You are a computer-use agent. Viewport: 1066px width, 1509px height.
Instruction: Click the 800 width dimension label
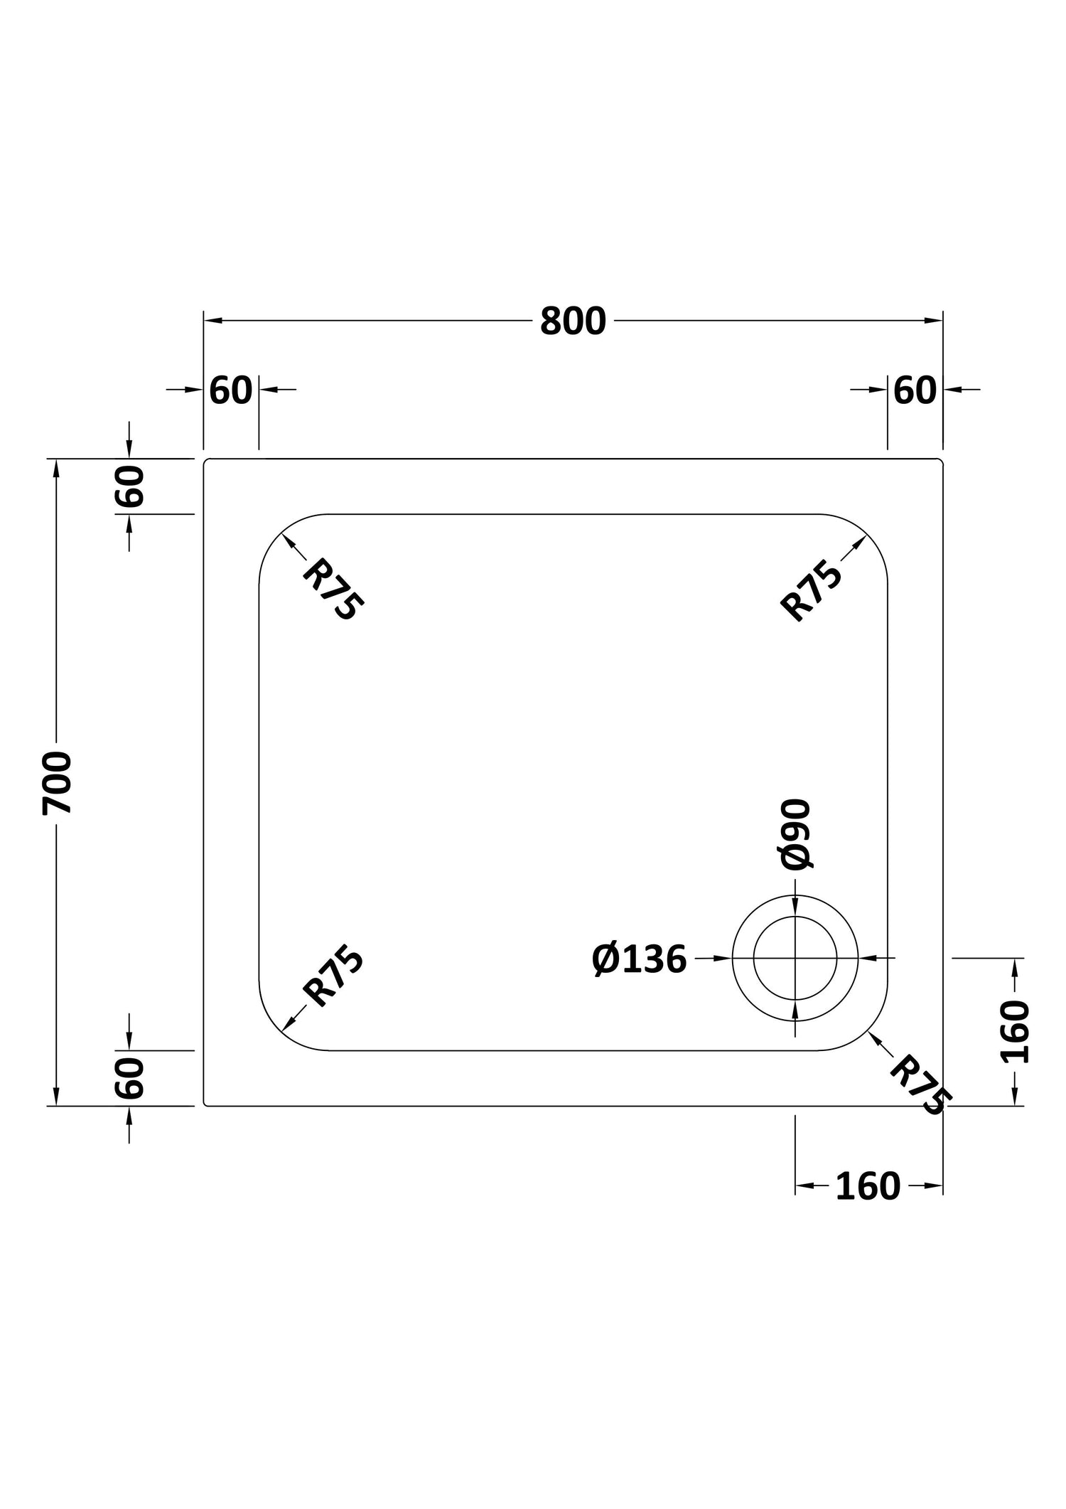click(x=573, y=321)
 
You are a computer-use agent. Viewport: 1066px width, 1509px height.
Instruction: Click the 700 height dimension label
click(x=58, y=783)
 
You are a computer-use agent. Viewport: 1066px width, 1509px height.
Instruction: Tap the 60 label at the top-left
click(x=231, y=390)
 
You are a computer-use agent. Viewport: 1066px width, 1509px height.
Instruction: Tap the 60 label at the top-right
click(x=915, y=390)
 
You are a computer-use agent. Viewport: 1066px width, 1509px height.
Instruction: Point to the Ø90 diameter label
click(x=795, y=834)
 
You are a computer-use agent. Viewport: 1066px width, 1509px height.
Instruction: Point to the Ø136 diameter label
click(x=640, y=960)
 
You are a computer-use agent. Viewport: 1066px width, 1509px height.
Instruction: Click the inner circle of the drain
click(x=795, y=917)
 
